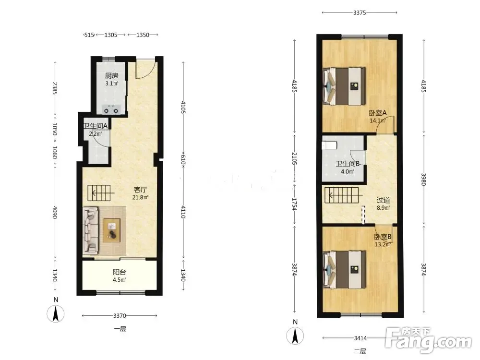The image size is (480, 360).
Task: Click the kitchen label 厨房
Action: click(111, 75)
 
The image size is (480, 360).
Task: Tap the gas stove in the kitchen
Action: click(111, 109)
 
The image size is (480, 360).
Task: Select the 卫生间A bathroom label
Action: click(95, 126)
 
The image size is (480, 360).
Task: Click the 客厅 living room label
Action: click(140, 190)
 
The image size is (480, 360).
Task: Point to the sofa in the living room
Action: click(91, 230)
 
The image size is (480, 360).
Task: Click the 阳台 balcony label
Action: click(120, 272)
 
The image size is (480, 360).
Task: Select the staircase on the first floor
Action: click(99, 193)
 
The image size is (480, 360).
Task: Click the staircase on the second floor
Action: click(342, 195)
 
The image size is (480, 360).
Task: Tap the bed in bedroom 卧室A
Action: click(344, 86)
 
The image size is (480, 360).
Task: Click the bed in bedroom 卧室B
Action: click(344, 270)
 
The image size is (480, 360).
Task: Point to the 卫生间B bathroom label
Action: click(348, 164)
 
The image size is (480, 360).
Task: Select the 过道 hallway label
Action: click(383, 200)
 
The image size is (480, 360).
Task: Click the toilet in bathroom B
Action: click(329, 145)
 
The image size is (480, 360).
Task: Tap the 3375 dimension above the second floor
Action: click(360, 12)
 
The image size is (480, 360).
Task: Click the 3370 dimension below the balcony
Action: click(120, 316)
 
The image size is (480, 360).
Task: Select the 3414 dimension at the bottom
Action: click(360, 338)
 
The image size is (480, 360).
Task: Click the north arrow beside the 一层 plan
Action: click(55, 314)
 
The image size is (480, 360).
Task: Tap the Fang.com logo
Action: click(428, 340)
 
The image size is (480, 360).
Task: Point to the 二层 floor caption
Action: click(360, 351)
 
